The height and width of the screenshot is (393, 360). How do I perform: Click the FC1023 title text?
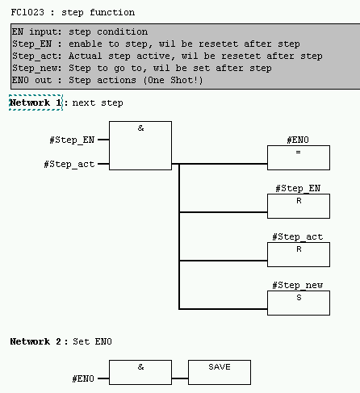73,12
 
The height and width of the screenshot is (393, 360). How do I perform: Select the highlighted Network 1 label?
36,103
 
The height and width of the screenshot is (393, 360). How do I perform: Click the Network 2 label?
36,342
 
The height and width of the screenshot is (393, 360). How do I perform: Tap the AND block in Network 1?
140,145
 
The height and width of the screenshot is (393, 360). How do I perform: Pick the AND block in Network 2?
140,372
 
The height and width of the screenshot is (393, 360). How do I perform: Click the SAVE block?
220,372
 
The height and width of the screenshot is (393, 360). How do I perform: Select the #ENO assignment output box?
298,158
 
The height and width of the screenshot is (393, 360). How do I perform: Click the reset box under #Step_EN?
298,206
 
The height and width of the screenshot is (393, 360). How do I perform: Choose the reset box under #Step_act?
298,254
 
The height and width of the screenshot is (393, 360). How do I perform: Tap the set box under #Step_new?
298,303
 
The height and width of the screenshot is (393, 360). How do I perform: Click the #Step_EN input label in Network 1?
72,140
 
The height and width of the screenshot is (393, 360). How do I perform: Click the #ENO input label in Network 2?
82,378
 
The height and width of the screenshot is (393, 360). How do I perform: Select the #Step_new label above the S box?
298,286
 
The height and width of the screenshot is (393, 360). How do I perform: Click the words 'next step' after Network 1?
98,103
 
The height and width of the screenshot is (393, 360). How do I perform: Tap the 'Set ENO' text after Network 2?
95,342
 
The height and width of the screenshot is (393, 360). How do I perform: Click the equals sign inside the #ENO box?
298,153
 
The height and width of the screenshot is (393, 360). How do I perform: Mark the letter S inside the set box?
298,297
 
